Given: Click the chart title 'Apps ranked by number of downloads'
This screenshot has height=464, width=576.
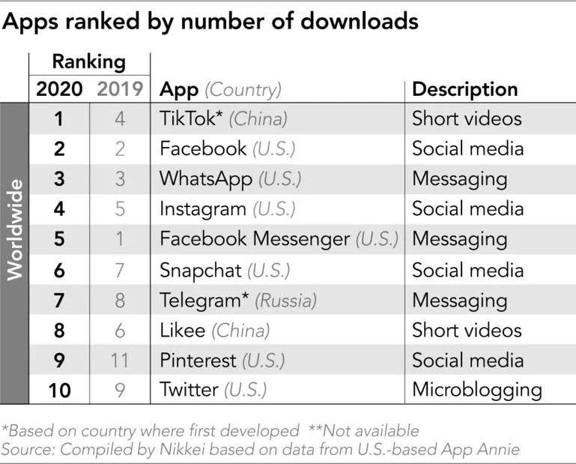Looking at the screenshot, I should [210, 22].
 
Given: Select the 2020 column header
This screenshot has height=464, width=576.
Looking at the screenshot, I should [59, 89].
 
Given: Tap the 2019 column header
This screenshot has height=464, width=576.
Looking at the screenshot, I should [120, 89].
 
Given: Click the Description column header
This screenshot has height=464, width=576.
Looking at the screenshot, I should [465, 89].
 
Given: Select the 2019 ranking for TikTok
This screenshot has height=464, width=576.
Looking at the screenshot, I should [120, 118].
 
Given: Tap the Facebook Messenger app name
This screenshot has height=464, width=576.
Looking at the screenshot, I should [255, 239].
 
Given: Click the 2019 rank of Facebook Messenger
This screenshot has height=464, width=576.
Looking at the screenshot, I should [120, 239].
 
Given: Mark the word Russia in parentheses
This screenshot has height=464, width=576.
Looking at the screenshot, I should [286, 301].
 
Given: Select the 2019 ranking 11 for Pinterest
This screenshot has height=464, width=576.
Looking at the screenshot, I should [120, 360].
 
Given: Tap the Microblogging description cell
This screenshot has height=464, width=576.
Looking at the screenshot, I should [477, 390].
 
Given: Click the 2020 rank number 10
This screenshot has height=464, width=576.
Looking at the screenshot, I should [59, 390].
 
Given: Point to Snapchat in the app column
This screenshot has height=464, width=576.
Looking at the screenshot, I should [201, 270].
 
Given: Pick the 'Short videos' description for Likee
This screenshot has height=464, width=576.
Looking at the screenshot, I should [467, 330].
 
